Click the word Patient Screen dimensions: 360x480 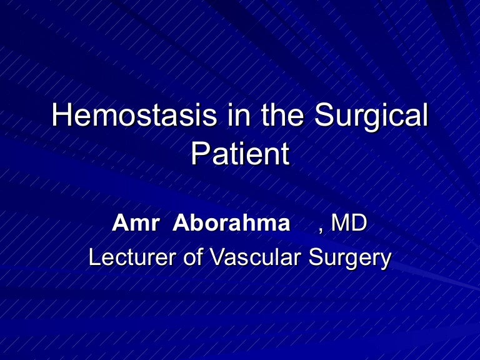point(240,154)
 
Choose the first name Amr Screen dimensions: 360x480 point(134,223)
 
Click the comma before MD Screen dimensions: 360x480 point(321,229)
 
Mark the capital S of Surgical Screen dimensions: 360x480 point(325,116)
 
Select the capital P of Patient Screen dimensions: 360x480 point(199,154)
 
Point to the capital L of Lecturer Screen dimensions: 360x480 point(94,257)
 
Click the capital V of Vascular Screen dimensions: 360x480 point(217,257)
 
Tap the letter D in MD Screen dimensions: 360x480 point(359,223)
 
